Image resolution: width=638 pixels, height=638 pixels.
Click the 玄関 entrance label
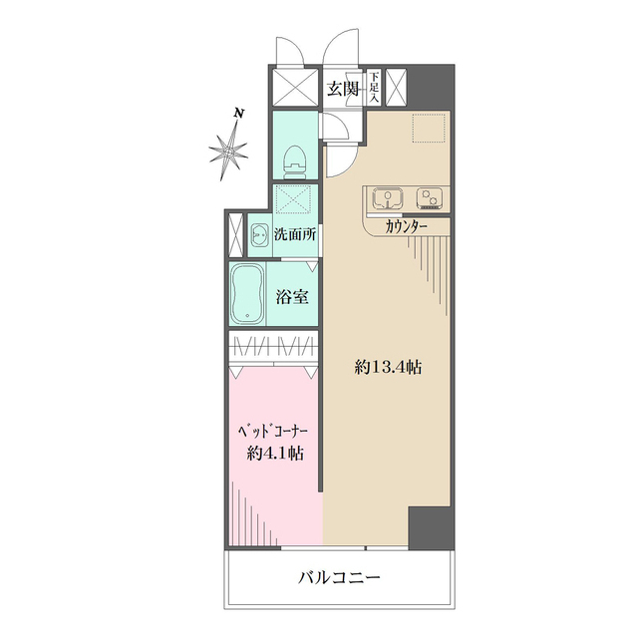pos(343,89)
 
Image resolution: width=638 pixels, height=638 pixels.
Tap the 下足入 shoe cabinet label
pos(374,87)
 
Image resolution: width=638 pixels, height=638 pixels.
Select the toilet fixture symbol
pos(295,160)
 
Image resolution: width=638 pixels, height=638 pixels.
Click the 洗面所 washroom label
pos(295,236)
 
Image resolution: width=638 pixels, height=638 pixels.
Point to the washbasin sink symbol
pos(258,236)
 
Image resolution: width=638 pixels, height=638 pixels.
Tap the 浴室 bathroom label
pos(292,296)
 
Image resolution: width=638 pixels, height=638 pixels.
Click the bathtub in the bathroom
pos(245,295)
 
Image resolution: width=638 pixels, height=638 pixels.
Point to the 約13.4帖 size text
pos(388,367)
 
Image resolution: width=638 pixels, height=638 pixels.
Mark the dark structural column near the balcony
pos(430,527)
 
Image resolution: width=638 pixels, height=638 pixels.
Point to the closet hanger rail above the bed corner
pos(274,350)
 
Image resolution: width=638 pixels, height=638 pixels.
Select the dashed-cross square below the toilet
pos(295,199)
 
